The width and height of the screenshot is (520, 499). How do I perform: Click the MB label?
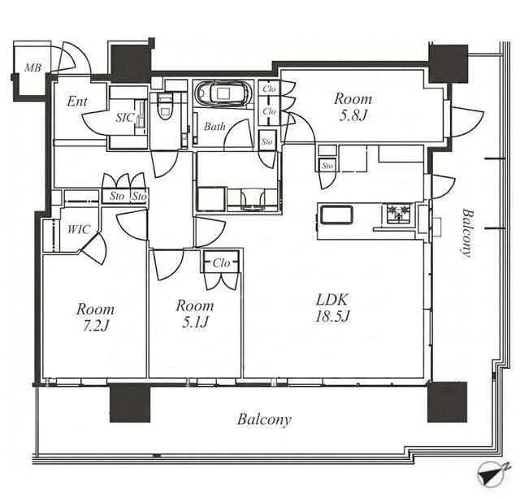click(33, 68)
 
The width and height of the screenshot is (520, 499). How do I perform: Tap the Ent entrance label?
click(77, 102)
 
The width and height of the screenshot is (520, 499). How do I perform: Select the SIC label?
click(125, 118)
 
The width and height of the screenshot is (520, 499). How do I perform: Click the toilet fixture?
click(165, 106)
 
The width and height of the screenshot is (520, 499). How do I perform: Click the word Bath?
click(214, 127)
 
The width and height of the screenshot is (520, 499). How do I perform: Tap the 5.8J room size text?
click(353, 115)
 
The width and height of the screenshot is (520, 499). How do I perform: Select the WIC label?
click(79, 229)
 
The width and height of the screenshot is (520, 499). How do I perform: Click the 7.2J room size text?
click(96, 327)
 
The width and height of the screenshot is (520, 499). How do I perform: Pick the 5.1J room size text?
click(195, 322)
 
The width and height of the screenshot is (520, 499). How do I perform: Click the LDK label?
click(332, 300)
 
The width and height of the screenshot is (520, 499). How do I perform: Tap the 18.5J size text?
click(332, 317)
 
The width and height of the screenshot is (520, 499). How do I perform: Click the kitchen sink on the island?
click(336, 215)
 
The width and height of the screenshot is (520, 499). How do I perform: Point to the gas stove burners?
click(399, 213)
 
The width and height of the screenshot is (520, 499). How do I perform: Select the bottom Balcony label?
click(264, 419)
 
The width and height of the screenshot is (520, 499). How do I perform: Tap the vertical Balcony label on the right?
click(466, 232)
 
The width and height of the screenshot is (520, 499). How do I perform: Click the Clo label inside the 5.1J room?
click(221, 263)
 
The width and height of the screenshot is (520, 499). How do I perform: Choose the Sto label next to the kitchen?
click(327, 165)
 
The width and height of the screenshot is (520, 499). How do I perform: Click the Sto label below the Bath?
click(267, 141)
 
